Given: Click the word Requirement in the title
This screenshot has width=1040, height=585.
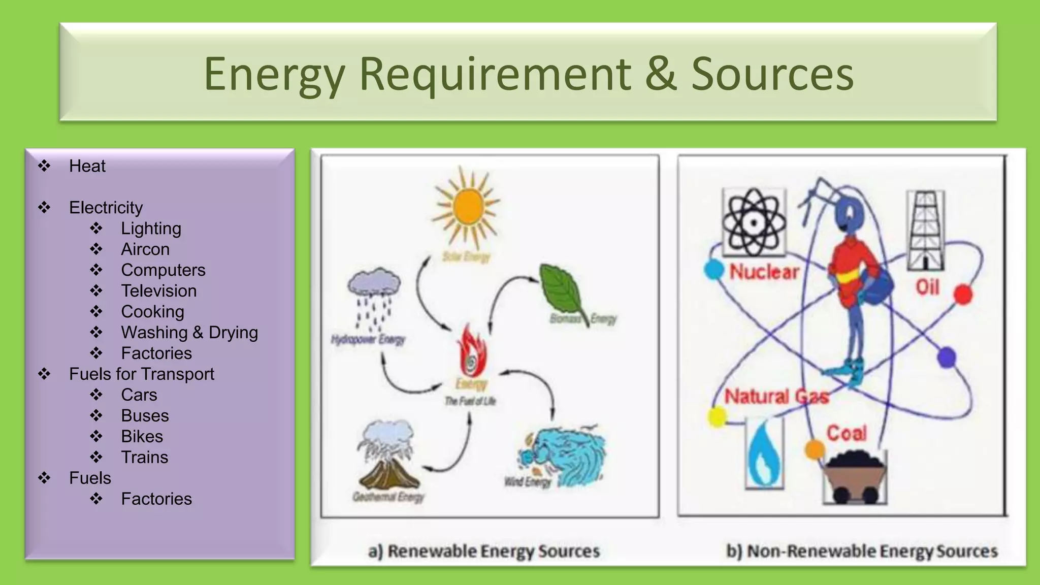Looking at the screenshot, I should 495,74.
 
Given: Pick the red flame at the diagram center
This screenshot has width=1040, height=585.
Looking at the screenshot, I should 472,351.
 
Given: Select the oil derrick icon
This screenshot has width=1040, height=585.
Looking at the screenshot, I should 925,231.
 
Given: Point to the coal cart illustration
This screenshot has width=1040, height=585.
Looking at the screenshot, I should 855,477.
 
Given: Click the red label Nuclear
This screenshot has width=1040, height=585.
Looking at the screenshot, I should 764,272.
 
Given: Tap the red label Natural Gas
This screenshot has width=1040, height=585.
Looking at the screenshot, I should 776,397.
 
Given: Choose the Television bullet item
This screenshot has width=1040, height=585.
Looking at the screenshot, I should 159,291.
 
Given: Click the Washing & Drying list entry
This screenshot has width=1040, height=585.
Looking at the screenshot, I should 189,333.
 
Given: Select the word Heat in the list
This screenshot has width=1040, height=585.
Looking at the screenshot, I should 87,166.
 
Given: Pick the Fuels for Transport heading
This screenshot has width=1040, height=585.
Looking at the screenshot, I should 142,374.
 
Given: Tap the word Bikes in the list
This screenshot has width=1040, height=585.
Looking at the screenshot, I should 142,437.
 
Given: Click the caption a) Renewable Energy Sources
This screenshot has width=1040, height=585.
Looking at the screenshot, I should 484,551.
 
